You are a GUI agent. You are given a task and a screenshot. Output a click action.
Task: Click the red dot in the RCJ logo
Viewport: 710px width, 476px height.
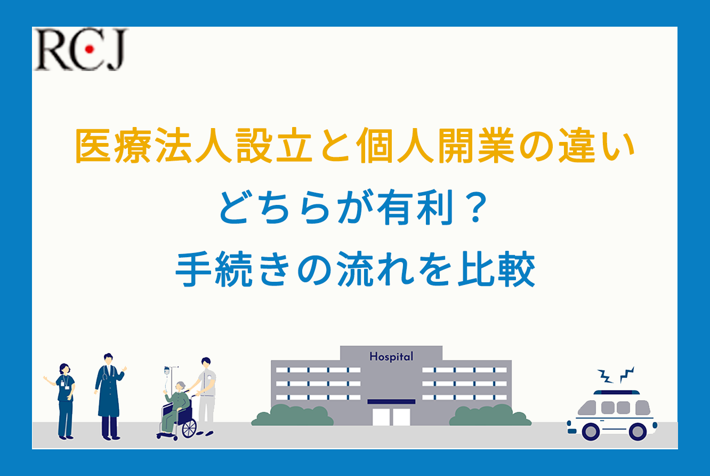90,49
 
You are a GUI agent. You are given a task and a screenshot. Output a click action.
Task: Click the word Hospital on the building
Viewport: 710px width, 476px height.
391,356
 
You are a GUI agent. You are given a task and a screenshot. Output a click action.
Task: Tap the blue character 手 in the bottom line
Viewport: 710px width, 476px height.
193,269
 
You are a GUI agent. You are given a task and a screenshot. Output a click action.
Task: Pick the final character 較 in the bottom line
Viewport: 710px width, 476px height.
517,269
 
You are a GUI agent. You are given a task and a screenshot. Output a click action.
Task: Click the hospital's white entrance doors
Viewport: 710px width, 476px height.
391,416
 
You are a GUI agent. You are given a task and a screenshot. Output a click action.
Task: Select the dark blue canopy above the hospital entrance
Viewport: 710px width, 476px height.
391,402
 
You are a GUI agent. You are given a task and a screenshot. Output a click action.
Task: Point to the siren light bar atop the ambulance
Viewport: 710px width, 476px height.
616,392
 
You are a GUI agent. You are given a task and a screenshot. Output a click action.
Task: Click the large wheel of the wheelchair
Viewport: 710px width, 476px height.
189,429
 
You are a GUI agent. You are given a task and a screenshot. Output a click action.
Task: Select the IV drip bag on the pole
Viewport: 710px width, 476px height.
167,371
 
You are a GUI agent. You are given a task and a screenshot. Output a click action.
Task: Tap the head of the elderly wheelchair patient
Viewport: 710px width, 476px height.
181,386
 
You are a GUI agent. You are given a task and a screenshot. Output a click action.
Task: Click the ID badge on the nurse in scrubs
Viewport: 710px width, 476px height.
62,384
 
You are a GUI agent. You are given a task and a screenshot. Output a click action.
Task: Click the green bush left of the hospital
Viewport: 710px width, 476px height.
292,415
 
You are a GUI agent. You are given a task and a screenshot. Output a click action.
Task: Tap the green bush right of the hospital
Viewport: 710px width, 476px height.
490,415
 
